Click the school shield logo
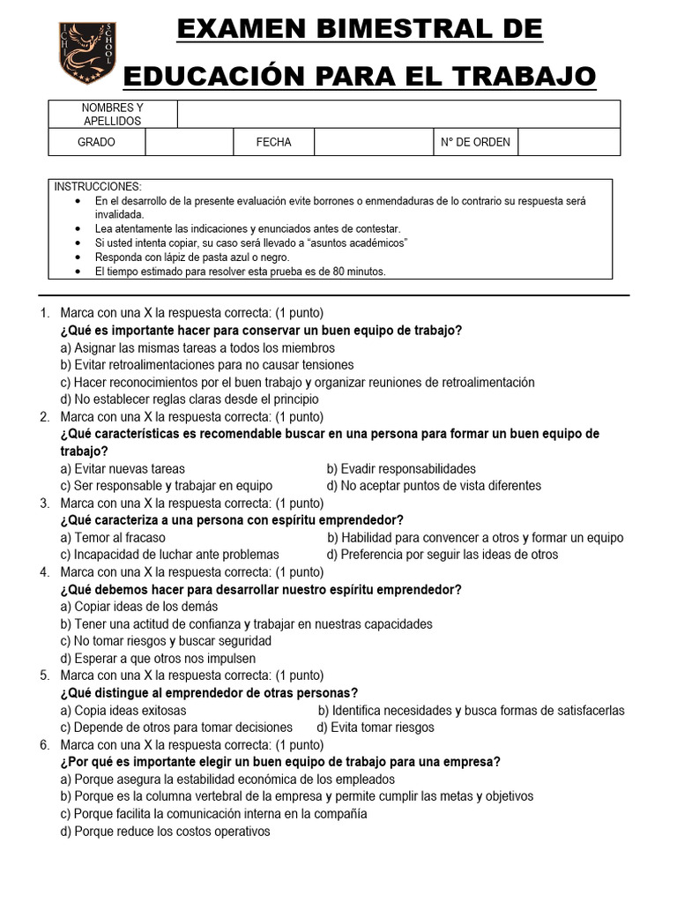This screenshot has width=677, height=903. (x=86, y=54)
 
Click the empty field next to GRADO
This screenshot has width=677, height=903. (x=189, y=142)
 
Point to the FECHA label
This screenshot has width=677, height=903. (x=273, y=142)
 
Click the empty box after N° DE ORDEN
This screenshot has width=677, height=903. (x=569, y=142)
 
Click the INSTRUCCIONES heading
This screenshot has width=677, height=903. (x=98, y=187)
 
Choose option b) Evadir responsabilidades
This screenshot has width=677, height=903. (x=401, y=468)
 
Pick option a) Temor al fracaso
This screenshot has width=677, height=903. (x=113, y=537)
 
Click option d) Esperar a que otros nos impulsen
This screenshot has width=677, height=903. (x=159, y=658)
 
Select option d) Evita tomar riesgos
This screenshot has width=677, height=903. (x=376, y=728)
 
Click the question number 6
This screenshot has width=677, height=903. (x=44, y=744)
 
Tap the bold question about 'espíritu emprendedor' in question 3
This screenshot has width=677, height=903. (x=232, y=520)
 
